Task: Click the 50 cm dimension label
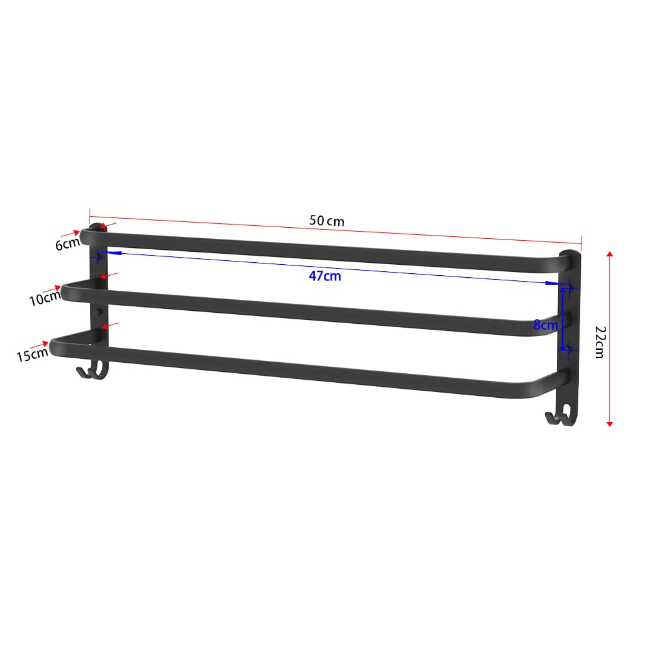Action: tap(326, 221)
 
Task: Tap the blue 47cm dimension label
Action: tap(325, 276)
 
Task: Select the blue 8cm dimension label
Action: tap(546, 325)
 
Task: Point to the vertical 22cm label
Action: tap(600, 342)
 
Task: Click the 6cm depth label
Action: tap(67, 244)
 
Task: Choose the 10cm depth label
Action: tap(45, 298)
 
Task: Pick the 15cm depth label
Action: tap(32, 355)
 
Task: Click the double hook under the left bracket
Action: tap(92, 370)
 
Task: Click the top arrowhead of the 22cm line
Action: tap(609, 253)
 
